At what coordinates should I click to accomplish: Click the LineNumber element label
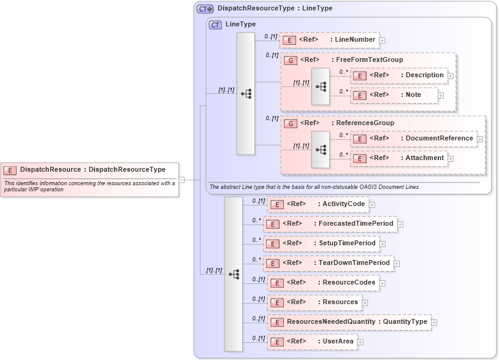(354, 40)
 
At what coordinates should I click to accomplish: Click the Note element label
(413, 95)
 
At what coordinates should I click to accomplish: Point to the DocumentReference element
(414, 139)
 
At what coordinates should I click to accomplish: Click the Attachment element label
(424, 158)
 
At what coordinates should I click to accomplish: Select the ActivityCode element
(318, 204)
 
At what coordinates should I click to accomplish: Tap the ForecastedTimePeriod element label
(356, 224)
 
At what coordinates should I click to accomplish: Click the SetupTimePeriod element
(321, 243)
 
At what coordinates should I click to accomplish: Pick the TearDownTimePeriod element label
(354, 263)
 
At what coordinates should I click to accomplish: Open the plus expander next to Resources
(364, 302)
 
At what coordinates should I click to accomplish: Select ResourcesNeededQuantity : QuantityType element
(349, 322)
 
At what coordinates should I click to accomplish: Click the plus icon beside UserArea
(360, 342)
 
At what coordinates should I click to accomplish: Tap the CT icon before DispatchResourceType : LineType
(205, 9)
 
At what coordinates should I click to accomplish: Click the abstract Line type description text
(314, 186)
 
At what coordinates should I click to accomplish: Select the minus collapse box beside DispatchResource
(181, 180)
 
